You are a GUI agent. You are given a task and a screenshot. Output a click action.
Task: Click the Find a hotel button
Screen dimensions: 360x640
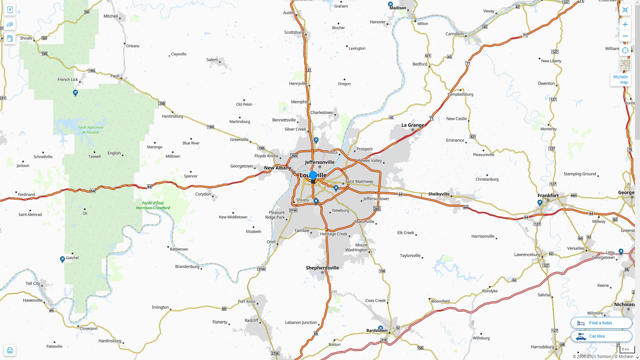(x=601, y=323)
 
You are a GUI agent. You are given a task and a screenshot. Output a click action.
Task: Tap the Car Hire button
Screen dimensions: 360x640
(x=601, y=336)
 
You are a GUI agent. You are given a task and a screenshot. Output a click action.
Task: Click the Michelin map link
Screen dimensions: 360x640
(x=620, y=79)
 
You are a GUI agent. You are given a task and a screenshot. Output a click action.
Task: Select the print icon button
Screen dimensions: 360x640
(x=10, y=350)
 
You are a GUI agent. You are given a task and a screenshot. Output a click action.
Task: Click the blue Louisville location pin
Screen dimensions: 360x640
(x=313, y=176)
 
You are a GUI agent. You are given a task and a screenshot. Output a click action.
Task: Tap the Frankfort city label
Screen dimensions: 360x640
(x=548, y=196)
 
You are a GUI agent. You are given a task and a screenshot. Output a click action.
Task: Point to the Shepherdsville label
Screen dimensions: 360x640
(x=322, y=268)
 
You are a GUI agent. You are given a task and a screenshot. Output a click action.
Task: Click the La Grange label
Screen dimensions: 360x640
(x=413, y=125)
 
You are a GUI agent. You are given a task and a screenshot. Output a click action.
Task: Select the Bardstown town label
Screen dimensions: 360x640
(x=377, y=330)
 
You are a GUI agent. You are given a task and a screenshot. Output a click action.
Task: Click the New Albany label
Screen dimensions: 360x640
(x=277, y=168)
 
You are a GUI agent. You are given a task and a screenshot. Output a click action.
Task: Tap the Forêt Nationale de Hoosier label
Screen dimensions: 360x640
(x=91, y=130)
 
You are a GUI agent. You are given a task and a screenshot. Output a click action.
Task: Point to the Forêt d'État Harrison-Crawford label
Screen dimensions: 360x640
(x=153, y=205)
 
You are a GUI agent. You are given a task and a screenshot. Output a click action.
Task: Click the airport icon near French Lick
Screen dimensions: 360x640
(x=75, y=93)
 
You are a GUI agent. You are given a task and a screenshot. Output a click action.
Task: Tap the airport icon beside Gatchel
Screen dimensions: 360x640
(x=62, y=259)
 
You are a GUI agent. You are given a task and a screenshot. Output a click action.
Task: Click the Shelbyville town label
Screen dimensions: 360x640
(x=439, y=194)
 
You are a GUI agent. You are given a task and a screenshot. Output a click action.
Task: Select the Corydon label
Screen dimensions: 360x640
(x=203, y=194)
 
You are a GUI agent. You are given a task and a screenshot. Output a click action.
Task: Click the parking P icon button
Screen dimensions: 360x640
(x=10, y=10)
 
